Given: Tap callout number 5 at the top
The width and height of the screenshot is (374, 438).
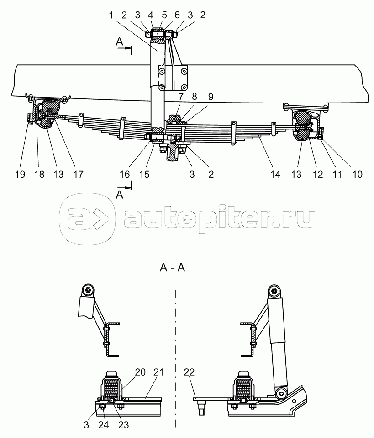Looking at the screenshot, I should point(165,15).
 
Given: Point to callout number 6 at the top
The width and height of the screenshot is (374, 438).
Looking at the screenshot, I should point(177,15).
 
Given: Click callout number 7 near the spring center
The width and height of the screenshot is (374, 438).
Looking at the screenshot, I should point(181,97).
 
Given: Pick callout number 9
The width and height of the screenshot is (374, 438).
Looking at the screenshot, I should point(210,97).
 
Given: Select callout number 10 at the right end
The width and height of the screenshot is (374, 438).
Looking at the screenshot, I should point(358,174).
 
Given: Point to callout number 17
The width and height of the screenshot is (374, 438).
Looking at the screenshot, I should point(79,174).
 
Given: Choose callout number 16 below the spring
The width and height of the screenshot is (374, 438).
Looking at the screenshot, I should point(125,174).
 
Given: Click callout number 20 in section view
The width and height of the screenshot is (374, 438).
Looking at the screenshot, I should point(140,372).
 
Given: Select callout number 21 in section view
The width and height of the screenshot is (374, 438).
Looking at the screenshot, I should point(158,372).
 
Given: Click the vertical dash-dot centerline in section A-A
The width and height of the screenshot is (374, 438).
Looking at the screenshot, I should point(176,356).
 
